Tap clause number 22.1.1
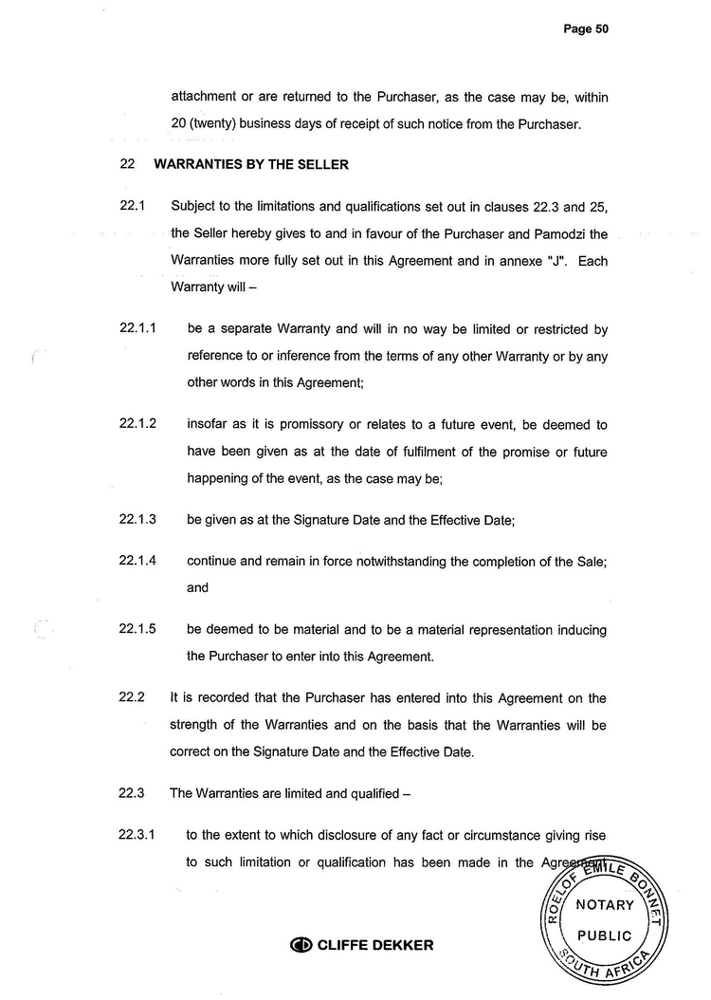coord(137,329)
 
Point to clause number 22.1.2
coord(137,425)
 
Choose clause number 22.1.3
coord(137,520)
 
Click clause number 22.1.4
coord(137,561)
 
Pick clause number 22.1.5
coord(137,629)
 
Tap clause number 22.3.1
coord(137,836)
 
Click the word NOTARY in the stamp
coord(605,904)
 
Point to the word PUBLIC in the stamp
coord(605,935)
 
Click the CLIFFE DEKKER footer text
coord(375,945)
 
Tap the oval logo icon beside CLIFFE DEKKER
coord(301,945)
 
